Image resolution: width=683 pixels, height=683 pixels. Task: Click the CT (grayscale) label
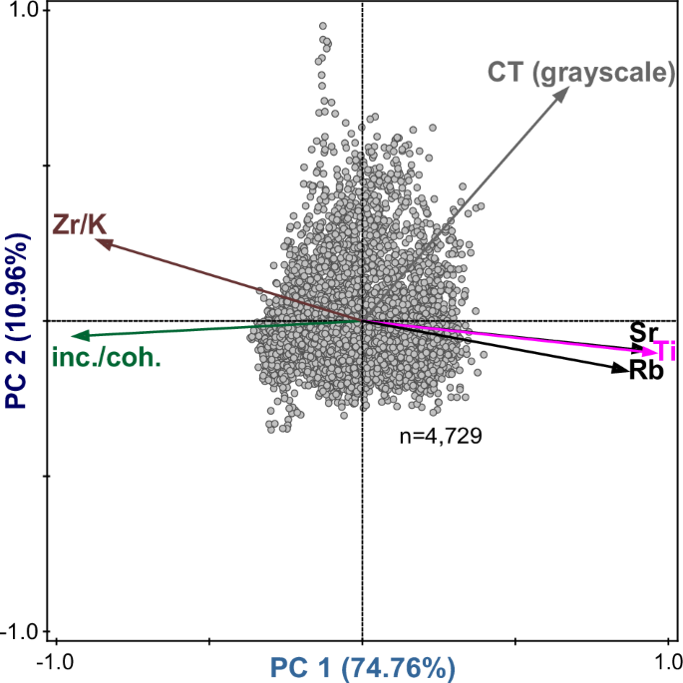pos(581,73)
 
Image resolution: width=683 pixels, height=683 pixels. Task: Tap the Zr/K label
pos(79,224)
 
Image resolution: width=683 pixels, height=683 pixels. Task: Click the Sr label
pos(643,330)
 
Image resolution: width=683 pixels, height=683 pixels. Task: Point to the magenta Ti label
pos(665,350)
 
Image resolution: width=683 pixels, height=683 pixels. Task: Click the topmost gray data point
pos(322,26)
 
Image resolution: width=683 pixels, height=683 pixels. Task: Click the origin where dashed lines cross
pos(362,321)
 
